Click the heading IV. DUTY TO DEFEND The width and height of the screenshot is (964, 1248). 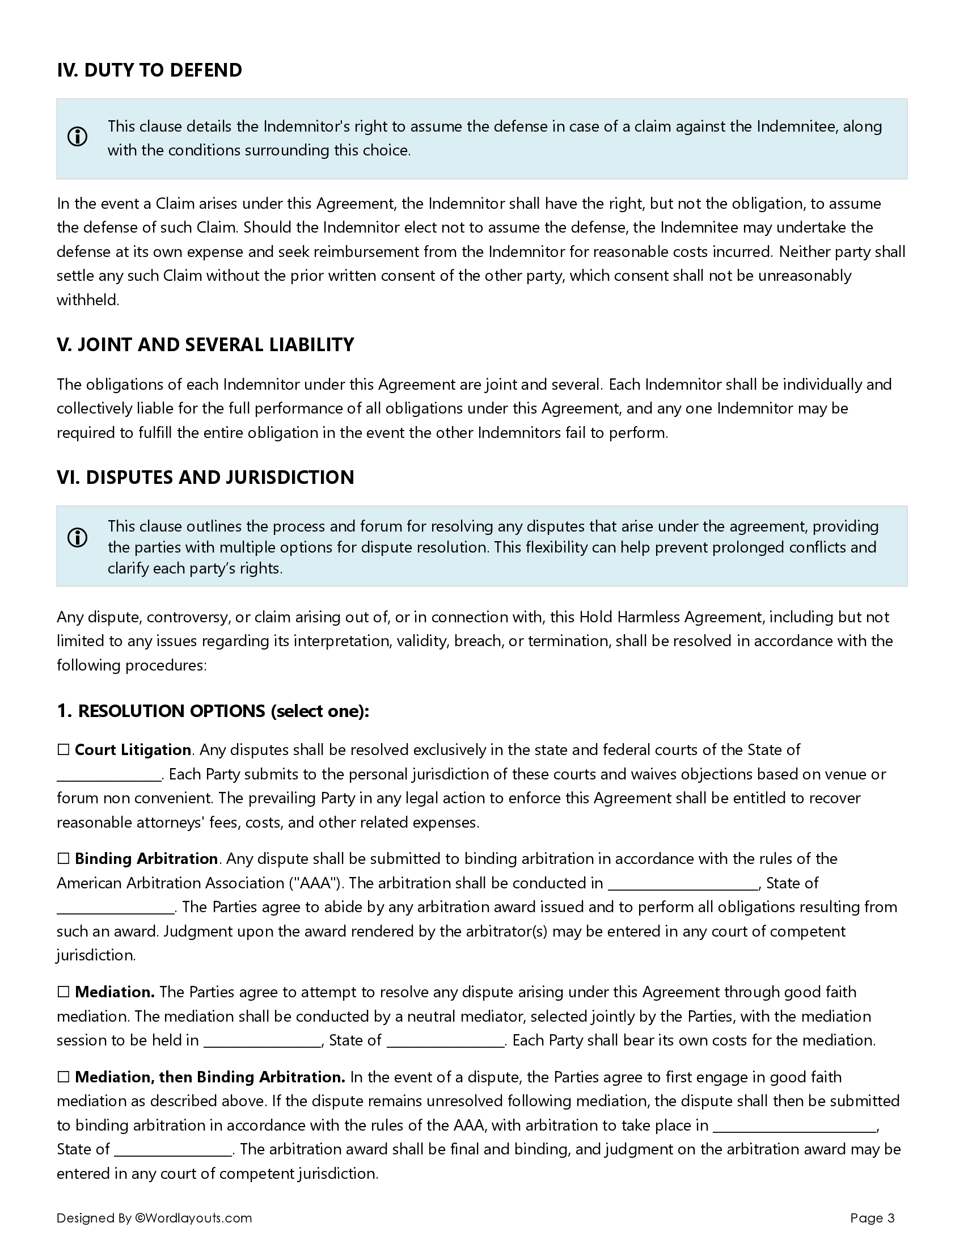coord(149,70)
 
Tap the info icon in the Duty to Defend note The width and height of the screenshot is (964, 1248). coord(78,137)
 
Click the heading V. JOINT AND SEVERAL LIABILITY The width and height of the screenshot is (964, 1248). coord(205,344)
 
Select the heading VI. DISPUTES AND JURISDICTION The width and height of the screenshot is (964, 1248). coord(205,477)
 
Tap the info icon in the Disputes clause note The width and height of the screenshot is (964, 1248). coord(78,538)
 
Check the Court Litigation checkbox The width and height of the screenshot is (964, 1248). coord(64,750)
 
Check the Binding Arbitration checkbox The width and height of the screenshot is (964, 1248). coord(64,859)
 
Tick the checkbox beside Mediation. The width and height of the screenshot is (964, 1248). coord(64,992)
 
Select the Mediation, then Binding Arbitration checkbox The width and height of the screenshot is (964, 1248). coord(64,1077)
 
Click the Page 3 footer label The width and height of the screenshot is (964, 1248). coord(872,1218)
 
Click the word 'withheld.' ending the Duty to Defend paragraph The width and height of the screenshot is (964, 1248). coord(88,300)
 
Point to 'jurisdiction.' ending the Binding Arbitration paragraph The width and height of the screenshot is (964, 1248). coord(96,955)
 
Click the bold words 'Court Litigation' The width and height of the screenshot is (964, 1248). coord(133,750)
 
